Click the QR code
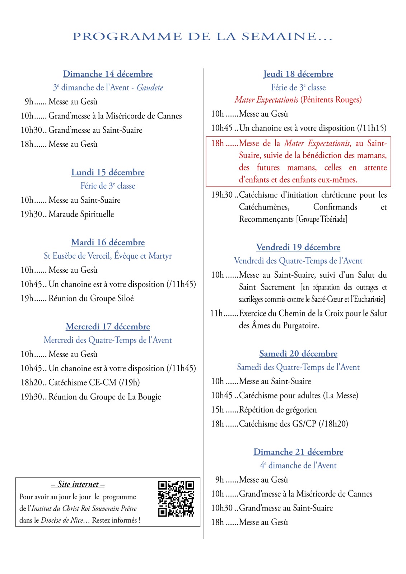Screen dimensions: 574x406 point(176,499)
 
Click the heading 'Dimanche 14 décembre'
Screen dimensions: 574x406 point(108,74)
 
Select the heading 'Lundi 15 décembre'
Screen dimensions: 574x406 point(108,172)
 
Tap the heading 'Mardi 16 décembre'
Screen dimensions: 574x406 point(108,242)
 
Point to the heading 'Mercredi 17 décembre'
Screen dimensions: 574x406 point(108,326)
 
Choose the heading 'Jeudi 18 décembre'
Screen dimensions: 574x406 point(298,74)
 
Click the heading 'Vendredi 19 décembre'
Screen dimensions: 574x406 point(298,247)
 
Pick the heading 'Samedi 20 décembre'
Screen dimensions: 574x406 point(298,353)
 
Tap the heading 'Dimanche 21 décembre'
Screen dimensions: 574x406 point(298,452)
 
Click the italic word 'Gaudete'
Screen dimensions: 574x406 point(150,88)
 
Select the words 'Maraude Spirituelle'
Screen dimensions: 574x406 point(81,214)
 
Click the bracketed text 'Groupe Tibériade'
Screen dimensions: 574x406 point(322,219)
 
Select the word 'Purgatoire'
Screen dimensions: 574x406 point(300,326)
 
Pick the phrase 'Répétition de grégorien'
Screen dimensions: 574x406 point(278,410)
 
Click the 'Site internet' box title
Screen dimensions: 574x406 point(78,484)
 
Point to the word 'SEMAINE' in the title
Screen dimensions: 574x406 point(279,37)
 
